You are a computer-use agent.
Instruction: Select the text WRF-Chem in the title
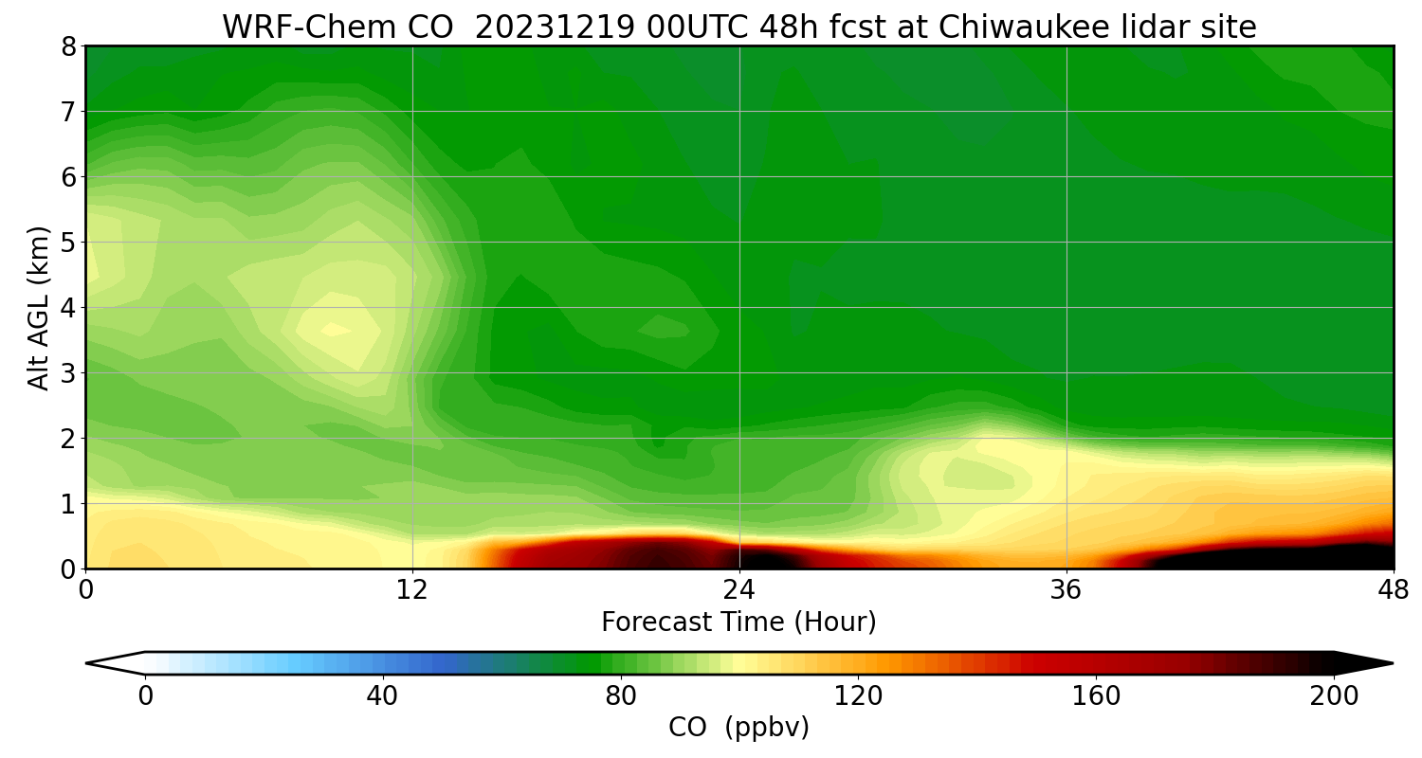pos(291,27)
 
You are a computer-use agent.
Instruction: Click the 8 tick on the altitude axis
pos(69,46)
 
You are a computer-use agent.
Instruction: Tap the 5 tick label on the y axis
pos(69,243)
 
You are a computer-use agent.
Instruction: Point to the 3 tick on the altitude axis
pos(69,373)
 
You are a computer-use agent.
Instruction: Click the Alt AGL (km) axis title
pos(39,307)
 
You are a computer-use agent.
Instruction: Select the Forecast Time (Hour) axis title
pos(738,623)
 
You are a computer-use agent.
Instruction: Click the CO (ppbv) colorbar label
pos(738,728)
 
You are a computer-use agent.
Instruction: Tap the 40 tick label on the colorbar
pos(382,696)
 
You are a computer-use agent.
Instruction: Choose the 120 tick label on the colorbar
pos(858,696)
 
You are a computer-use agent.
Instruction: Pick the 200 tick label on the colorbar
pos(1334,696)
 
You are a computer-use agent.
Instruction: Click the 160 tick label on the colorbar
pos(1096,696)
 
